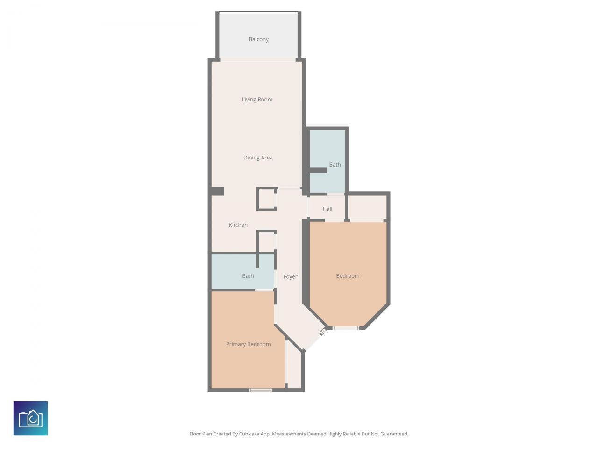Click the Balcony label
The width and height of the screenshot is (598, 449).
pos(258,39)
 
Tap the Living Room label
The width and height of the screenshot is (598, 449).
pos(257,99)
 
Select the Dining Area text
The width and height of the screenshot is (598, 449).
pos(258,158)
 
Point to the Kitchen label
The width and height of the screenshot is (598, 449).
pos(238,225)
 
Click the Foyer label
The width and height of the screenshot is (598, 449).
pos(290,276)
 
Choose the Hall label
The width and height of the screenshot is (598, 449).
pos(327,209)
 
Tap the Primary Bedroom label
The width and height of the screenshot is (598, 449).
pos(248,344)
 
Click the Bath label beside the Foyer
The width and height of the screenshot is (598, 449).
pos(248,276)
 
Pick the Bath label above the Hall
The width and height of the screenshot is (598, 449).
pos(335,164)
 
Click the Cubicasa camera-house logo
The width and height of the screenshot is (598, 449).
pos(31,418)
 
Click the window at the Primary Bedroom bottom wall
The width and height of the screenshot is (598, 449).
pos(260,390)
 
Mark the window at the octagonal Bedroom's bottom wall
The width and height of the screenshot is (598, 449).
pos(346,328)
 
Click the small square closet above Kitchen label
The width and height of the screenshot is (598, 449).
pos(267,199)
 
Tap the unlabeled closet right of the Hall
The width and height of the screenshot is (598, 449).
pos(367,207)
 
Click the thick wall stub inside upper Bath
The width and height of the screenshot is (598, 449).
pos(318,170)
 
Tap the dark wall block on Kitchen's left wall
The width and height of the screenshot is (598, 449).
pos(217,191)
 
